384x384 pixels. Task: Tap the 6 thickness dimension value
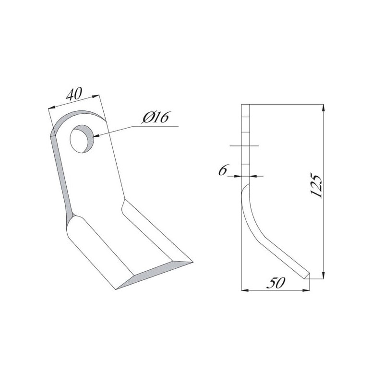pos(223,170)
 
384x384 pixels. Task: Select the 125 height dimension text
pos(316,185)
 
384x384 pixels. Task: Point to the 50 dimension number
pos(276,283)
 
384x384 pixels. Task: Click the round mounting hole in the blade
pos(82,139)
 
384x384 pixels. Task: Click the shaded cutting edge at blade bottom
pos(154,275)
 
